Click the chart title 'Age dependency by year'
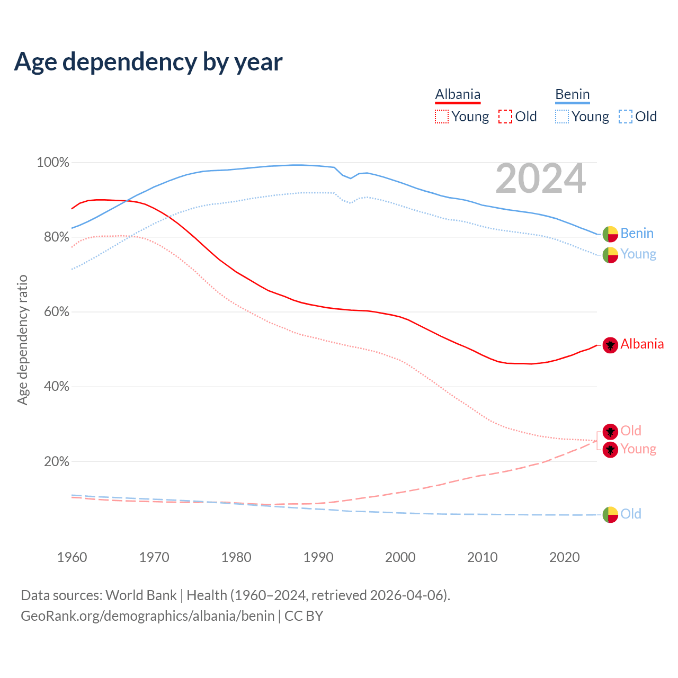[x=148, y=61]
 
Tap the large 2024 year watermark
[x=540, y=179]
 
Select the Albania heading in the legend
[x=458, y=95]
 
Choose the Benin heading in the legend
[x=572, y=95]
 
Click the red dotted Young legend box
[x=442, y=117]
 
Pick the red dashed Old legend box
[x=505, y=117]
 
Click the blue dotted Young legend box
[x=562, y=117]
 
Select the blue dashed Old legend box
[x=626, y=117]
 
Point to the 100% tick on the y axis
[x=53, y=163]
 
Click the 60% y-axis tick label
[x=56, y=312]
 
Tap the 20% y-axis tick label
[x=56, y=461]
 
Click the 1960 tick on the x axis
[x=72, y=557]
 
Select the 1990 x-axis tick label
[x=318, y=557]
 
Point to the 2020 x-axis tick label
[x=565, y=557]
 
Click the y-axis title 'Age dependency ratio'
[x=22, y=340]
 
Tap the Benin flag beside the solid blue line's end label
[x=610, y=234]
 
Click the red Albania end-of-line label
[x=642, y=344]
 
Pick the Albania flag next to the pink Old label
[x=610, y=432]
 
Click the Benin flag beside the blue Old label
[x=610, y=514]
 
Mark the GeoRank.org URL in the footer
[x=147, y=616]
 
